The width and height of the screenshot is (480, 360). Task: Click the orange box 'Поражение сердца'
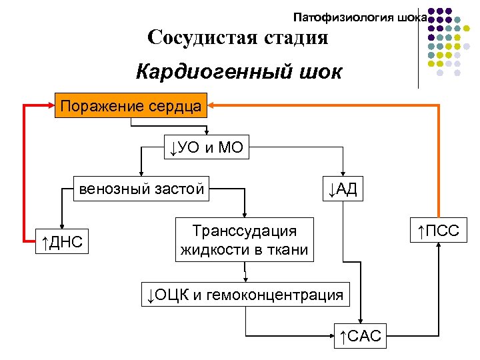tap(131, 105)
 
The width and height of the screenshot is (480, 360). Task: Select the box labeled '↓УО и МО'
tap(207, 147)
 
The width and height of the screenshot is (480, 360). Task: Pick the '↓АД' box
tap(343, 189)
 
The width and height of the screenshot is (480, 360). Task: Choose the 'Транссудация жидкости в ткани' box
tap(244, 241)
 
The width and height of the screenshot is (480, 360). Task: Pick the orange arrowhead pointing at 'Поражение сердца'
tap(212, 105)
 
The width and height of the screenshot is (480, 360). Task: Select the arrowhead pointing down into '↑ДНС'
tap(61, 226)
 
